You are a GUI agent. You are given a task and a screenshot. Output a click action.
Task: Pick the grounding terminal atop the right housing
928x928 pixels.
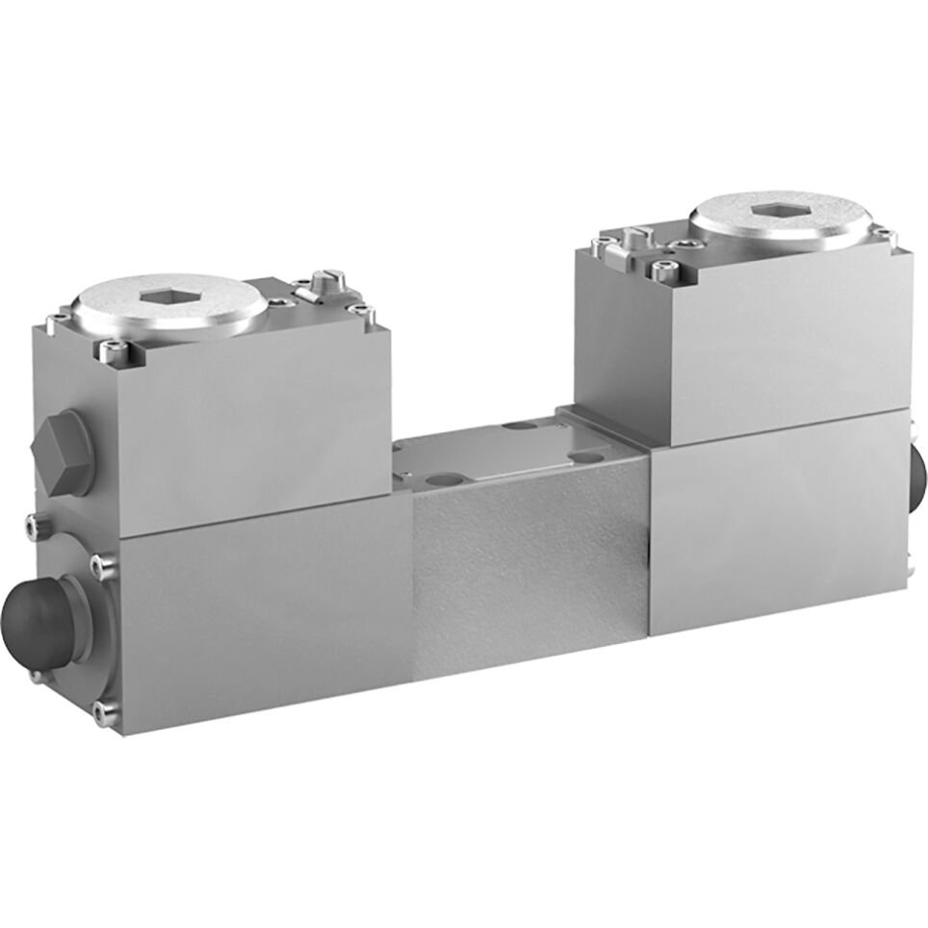pos(637,236)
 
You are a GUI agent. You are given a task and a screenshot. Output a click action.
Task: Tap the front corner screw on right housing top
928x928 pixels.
pos(662,269)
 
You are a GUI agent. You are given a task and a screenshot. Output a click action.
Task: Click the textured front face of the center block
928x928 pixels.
pos(528,578)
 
